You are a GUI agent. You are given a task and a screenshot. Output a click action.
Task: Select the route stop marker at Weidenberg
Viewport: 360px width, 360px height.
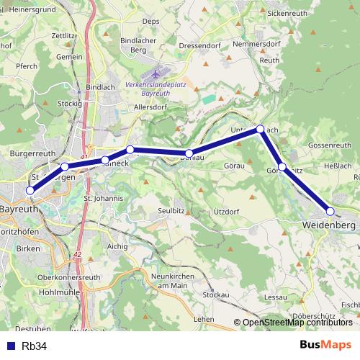click(x=330, y=211)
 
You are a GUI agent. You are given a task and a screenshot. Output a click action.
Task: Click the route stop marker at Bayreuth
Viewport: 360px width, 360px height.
click(x=30, y=190)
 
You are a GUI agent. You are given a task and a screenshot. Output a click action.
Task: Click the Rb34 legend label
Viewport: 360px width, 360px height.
click(x=35, y=346)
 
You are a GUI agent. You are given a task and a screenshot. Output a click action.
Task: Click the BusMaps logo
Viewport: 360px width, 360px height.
click(x=325, y=345)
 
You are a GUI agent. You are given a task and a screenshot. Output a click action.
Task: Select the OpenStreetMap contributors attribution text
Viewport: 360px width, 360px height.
click(x=297, y=323)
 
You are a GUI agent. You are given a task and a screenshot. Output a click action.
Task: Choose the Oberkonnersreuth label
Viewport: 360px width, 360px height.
click(x=68, y=277)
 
